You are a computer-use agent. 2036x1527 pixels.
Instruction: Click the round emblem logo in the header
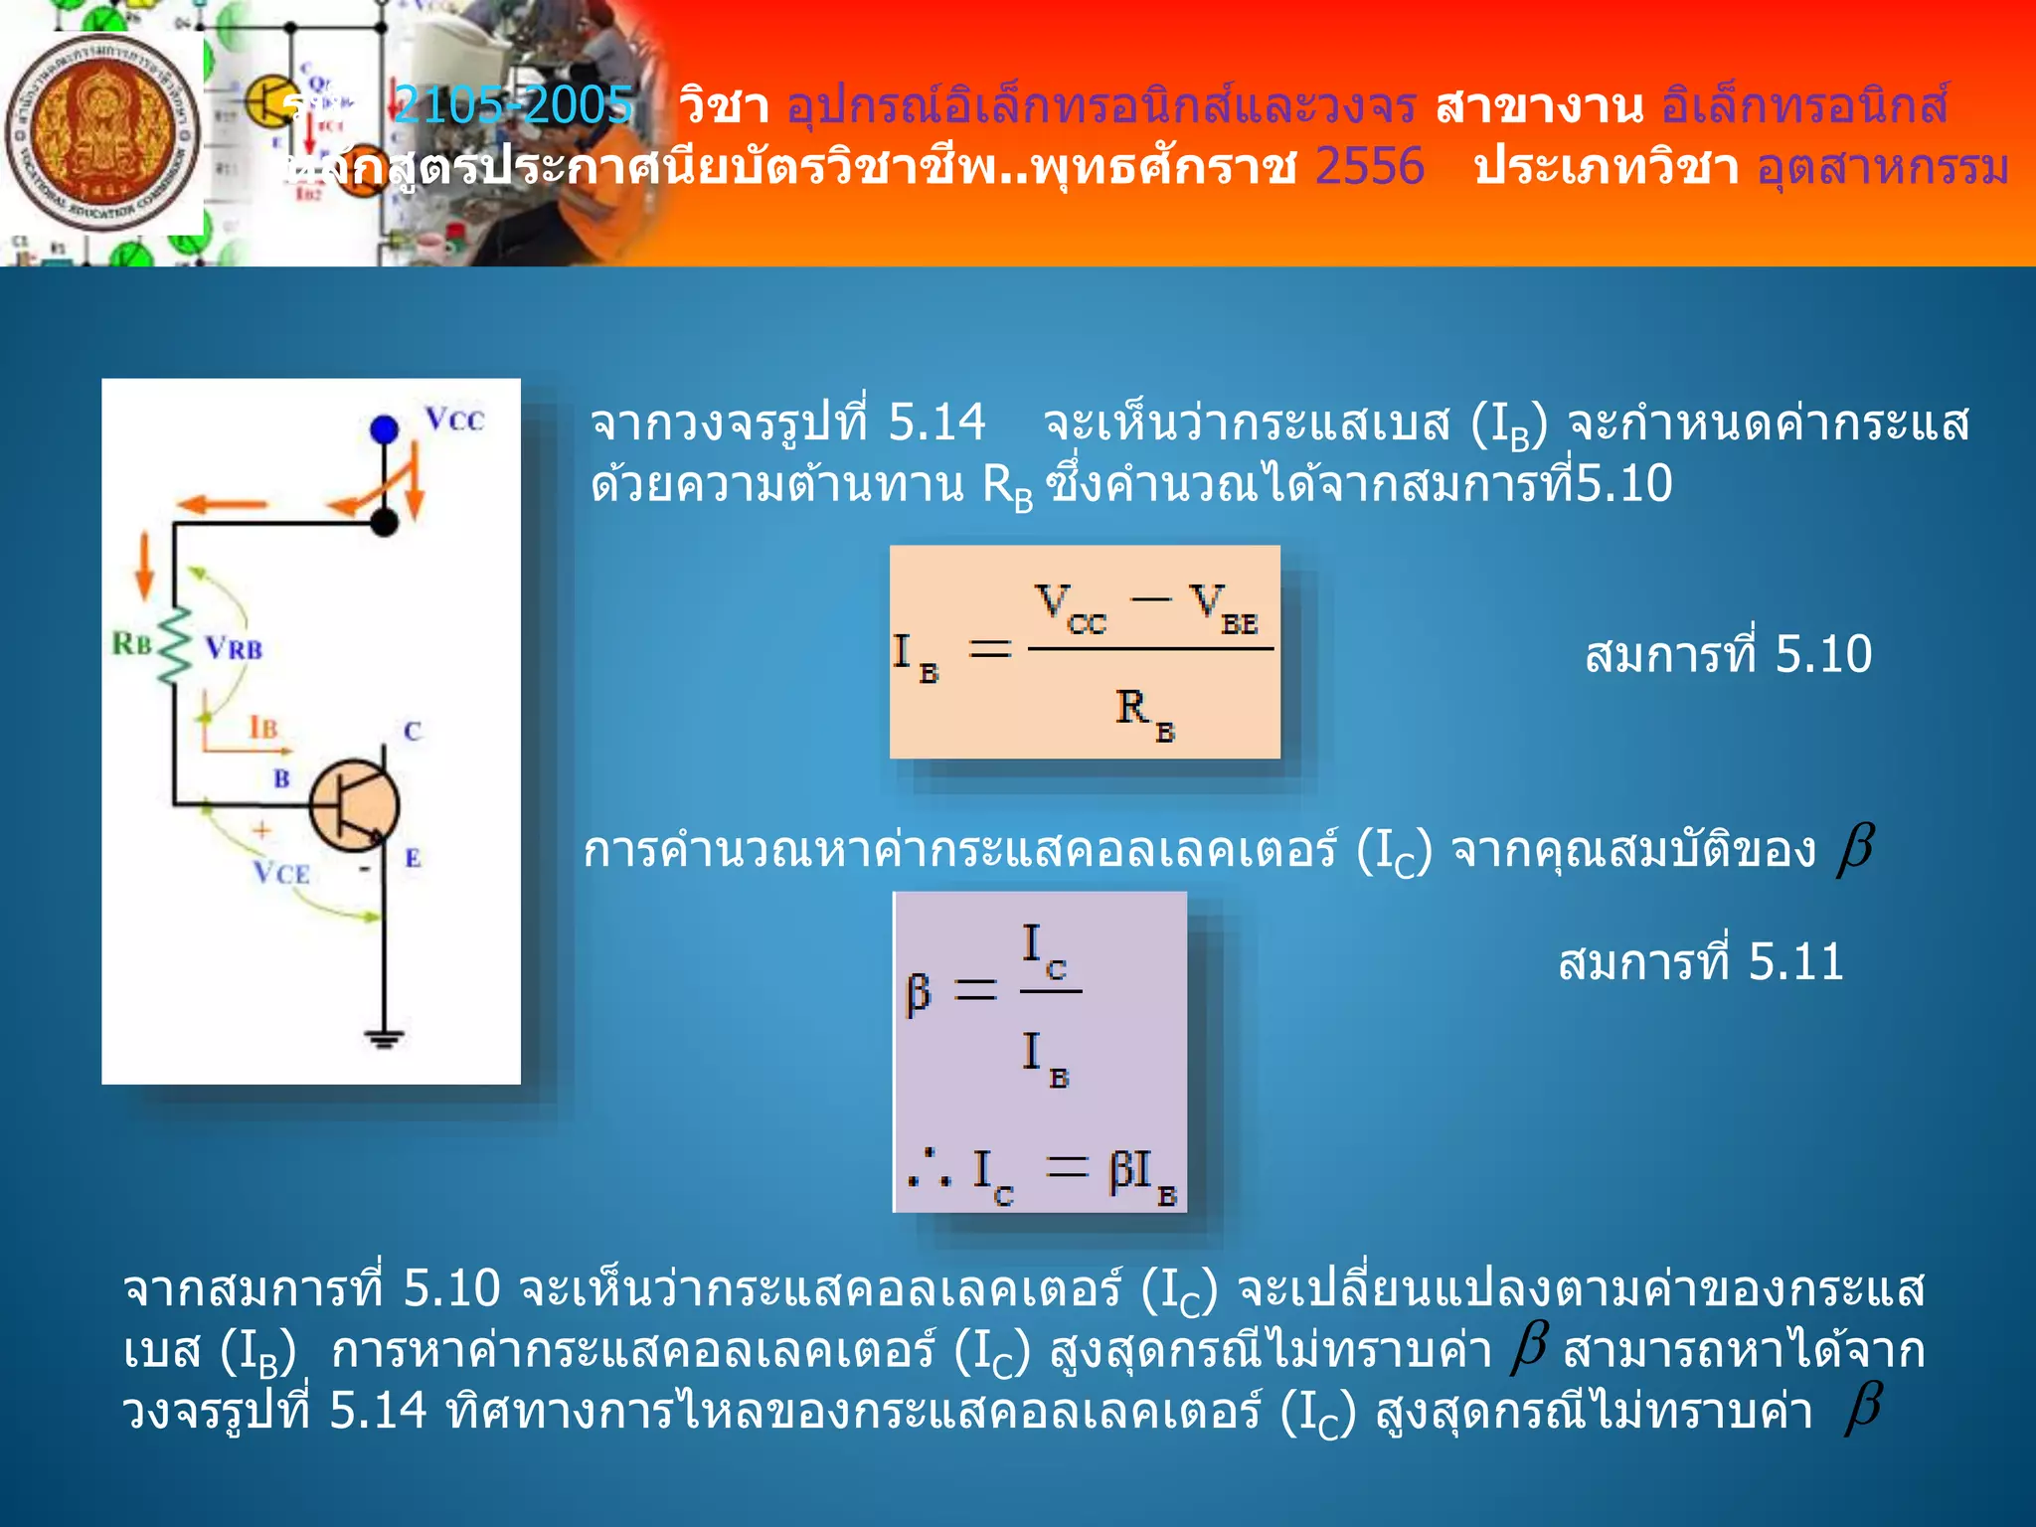pos(101,133)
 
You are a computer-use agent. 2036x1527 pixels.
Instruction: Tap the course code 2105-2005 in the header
pos(513,105)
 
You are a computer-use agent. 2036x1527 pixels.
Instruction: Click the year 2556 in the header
pos(1369,166)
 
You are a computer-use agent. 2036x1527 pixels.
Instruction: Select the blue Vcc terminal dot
pos(384,429)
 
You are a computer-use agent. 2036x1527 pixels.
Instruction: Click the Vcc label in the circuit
pos(454,420)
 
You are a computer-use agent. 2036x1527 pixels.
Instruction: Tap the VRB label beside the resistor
pos(235,649)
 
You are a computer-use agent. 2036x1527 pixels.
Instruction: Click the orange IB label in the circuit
pos(262,728)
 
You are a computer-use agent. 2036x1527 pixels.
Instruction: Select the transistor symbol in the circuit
pos(355,805)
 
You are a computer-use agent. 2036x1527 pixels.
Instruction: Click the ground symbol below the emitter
pos(385,1038)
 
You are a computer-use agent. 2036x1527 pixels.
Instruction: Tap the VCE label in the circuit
pos(281,873)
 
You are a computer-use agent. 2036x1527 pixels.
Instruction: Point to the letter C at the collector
pos(413,732)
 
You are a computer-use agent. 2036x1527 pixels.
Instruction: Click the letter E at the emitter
pos(413,858)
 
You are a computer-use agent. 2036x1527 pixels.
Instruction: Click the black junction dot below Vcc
pos(385,522)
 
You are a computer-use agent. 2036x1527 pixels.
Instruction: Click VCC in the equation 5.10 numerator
pos(1070,607)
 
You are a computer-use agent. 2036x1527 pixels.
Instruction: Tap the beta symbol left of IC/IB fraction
pos(918,993)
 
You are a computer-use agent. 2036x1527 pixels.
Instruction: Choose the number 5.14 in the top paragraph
pos(936,423)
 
